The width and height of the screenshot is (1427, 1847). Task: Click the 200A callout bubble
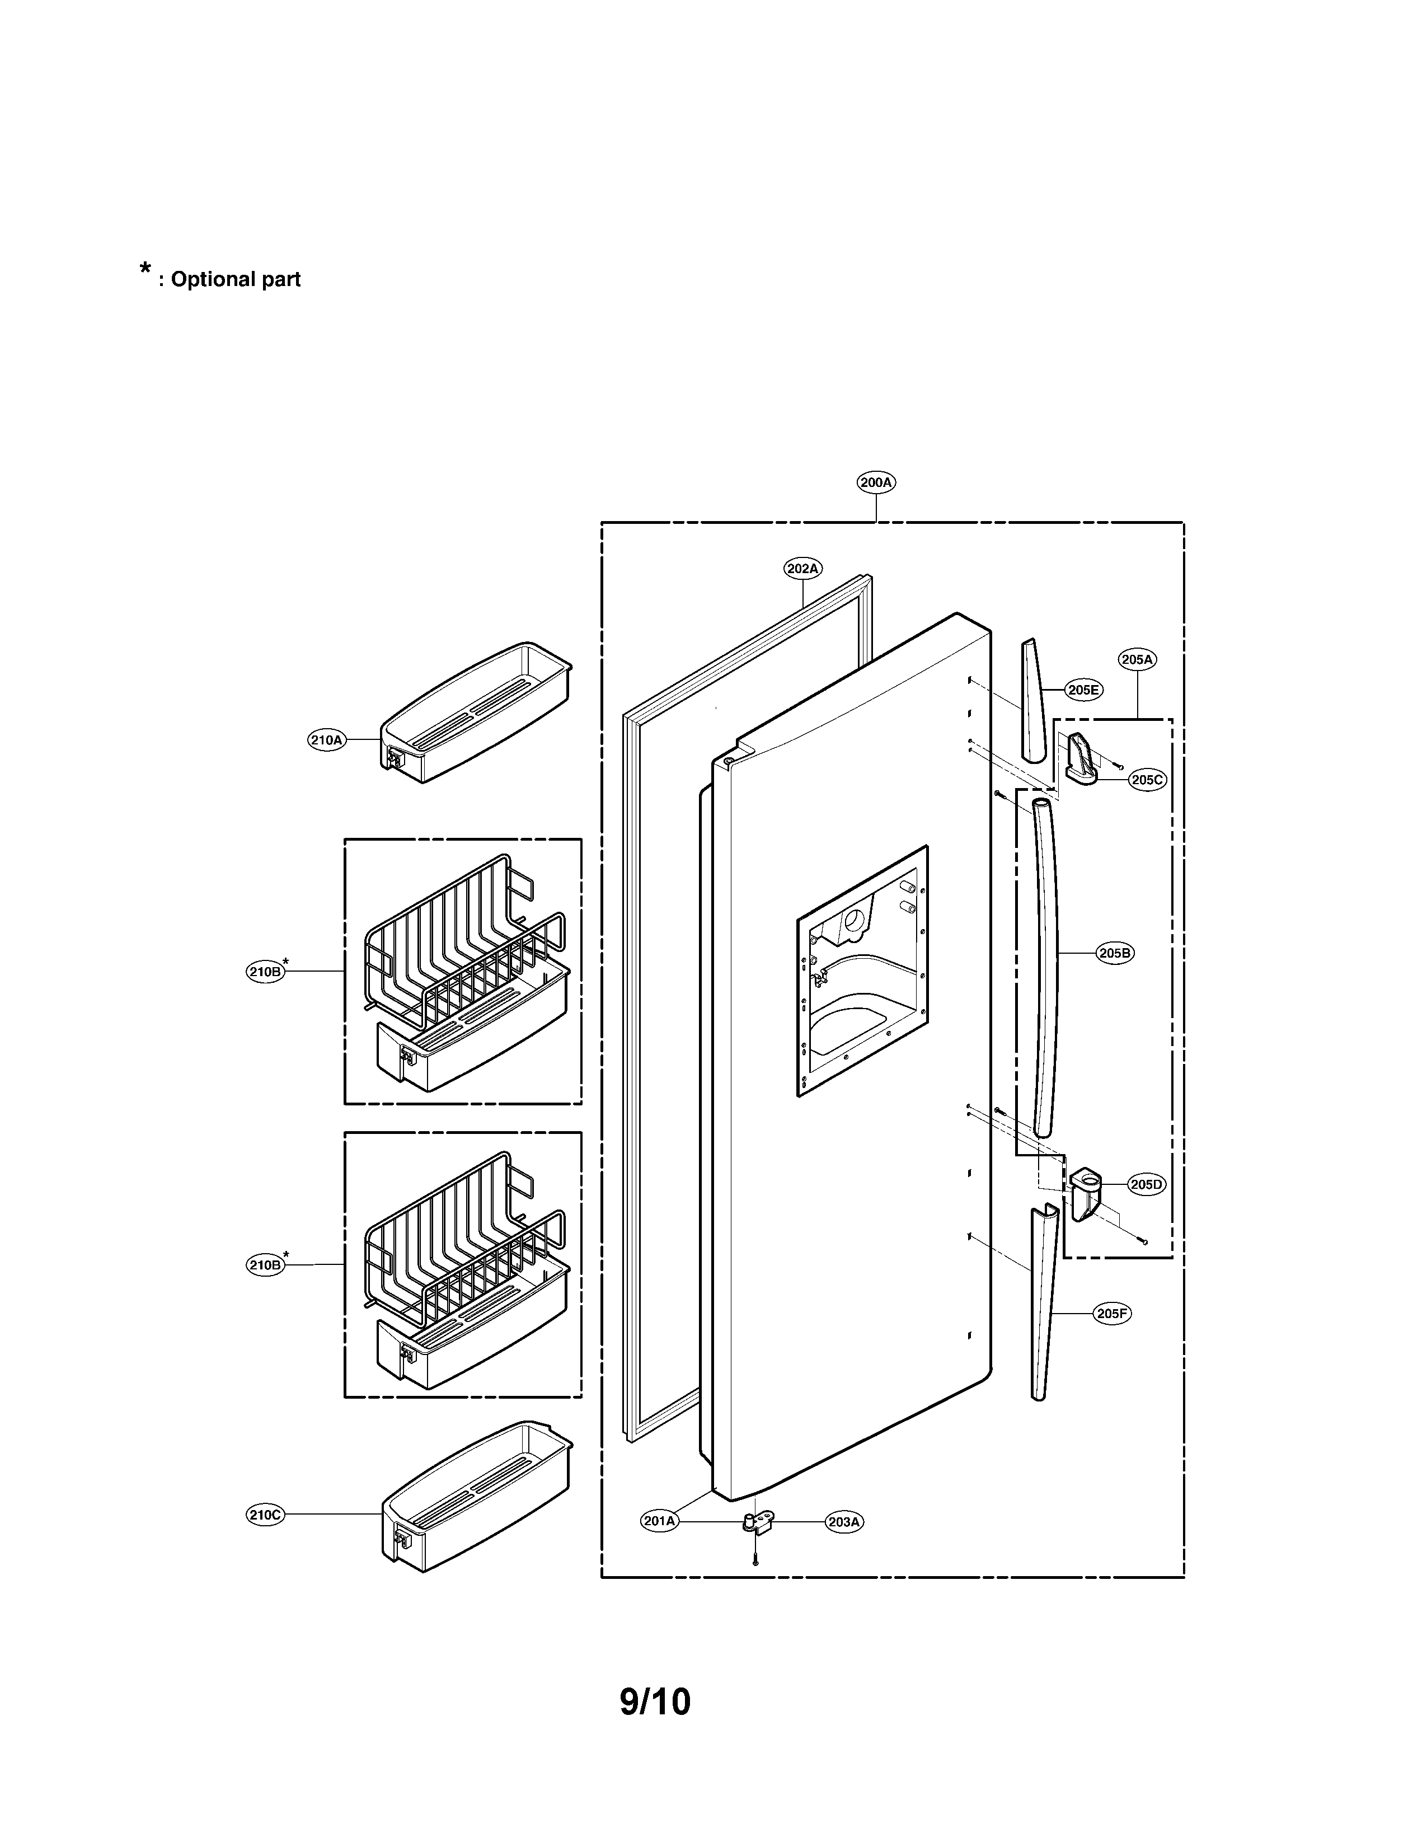click(x=876, y=483)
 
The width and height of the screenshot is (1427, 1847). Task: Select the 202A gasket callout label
click(x=802, y=569)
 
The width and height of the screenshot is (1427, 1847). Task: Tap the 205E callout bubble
click(x=1083, y=690)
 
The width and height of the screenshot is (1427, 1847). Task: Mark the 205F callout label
click(x=1112, y=1314)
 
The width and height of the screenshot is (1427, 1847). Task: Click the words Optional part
click(x=235, y=279)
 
